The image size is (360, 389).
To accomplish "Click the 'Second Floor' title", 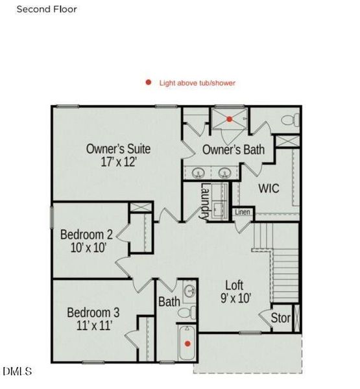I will pyautogui.click(x=46, y=9).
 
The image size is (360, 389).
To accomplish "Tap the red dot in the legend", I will pyautogui.click(x=149, y=82).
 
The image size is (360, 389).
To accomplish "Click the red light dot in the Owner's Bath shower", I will pyautogui.click(x=229, y=119).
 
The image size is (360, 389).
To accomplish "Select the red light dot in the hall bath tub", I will pyautogui.click(x=188, y=343).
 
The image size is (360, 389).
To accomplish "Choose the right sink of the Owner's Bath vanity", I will pyautogui.click(x=224, y=172).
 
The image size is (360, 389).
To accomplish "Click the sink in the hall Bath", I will pyautogui.click(x=189, y=291).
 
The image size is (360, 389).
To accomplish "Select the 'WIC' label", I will pyautogui.click(x=269, y=189).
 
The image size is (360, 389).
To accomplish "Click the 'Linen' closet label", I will pyautogui.click(x=242, y=212).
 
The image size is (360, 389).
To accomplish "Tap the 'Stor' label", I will pyautogui.click(x=280, y=318).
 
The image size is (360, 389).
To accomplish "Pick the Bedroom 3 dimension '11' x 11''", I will pyautogui.click(x=93, y=325).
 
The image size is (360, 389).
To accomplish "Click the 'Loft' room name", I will pyautogui.click(x=234, y=285).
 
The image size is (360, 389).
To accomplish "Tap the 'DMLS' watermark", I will pyautogui.click(x=17, y=371).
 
